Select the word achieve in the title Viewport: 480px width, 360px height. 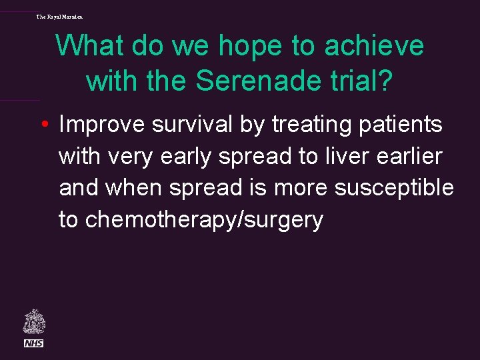point(379,46)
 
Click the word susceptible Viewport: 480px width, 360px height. point(394,188)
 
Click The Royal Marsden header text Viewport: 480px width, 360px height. point(59,16)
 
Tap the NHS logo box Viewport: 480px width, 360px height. point(33,343)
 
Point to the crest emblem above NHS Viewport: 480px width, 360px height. point(33,322)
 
